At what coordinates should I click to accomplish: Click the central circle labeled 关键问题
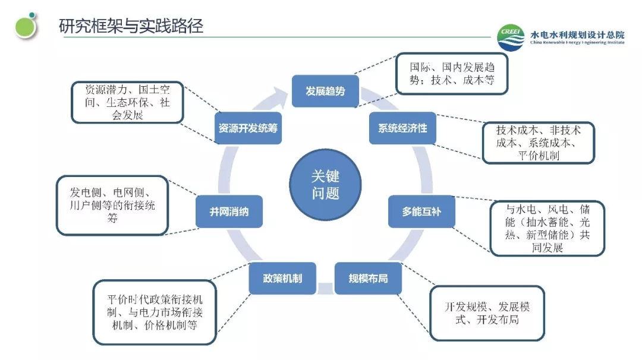coord(325,185)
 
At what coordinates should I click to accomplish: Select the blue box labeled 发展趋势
coord(325,91)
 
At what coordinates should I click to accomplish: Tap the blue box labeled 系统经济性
coord(402,128)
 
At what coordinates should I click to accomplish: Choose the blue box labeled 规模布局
coord(368,278)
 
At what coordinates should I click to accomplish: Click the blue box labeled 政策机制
coord(282,278)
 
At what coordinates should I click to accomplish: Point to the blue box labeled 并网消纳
coord(229,211)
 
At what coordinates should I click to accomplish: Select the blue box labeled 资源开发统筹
coord(247,128)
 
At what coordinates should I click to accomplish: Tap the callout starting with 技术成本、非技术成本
coord(539,143)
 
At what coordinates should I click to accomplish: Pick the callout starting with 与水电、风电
coord(547,228)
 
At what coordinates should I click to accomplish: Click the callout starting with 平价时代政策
coord(155,312)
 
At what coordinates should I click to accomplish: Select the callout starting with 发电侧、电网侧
coord(112,205)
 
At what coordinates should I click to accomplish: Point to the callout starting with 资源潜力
coord(127,102)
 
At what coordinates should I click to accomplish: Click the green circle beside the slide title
coord(26,26)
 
